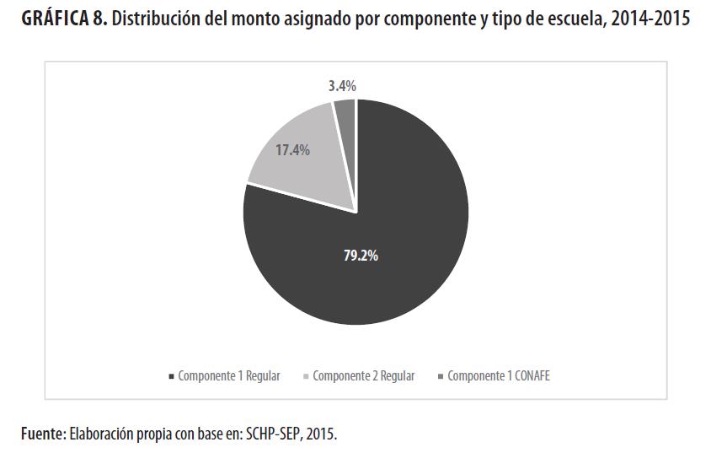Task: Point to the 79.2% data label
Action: coord(361,256)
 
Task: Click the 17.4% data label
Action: coord(292,150)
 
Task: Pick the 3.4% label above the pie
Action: coord(342,85)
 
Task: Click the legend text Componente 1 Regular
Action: coord(228,376)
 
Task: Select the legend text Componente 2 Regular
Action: coord(363,376)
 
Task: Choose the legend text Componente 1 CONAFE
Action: coord(498,376)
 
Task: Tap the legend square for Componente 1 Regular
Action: coord(172,376)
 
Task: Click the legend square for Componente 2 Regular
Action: coord(306,376)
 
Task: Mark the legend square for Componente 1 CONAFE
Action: coord(441,376)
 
